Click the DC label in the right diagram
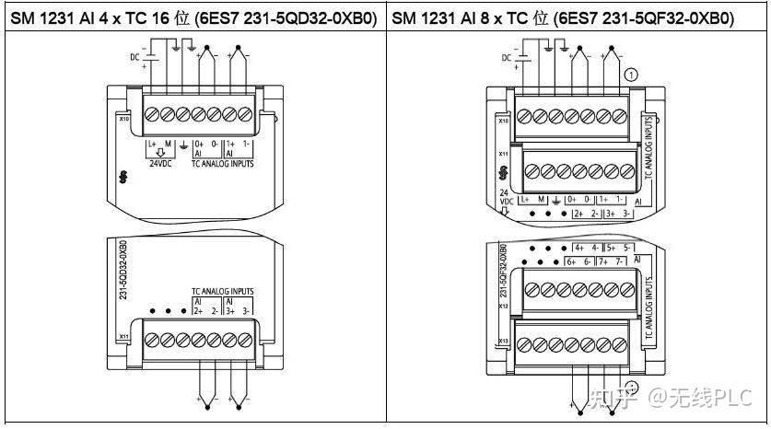pyautogui.click(x=505, y=58)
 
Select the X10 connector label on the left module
pyautogui.click(x=123, y=119)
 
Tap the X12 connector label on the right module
pyautogui.click(x=503, y=306)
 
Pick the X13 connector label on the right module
pyautogui.click(x=503, y=342)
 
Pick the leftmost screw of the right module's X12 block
pyautogui.click(x=527, y=289)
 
